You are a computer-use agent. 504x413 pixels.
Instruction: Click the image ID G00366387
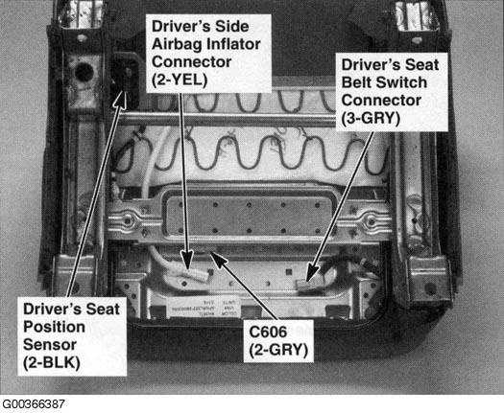pyautogui.click(x=33, y=403)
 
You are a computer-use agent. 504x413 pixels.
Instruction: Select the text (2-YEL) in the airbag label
pyautogui.click(x=180, y=80)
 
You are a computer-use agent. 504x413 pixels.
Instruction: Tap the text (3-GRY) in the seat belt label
pyautogui.click(x=371, y=119)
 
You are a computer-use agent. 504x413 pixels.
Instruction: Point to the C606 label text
pyautogui.click(x=268, y=332)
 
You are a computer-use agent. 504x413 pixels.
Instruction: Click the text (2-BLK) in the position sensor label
pyautogui.click(x=52, y=363)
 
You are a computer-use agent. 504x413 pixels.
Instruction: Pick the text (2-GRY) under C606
pyautogui.click(x=278, y=350)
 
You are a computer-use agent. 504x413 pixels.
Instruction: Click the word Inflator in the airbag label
pyautogui.click(x=233, y=44)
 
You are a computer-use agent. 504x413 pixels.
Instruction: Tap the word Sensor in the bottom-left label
pyautogui.click(x=50, y=345)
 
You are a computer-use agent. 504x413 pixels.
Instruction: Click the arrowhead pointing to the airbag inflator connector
pyautogui.click(x=187, y=261)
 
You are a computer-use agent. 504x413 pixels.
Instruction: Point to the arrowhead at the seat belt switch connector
pyautogui.click(x=312, y=273)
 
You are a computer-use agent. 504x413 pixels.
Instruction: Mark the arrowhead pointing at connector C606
pyautogui.click(x=219, y=258)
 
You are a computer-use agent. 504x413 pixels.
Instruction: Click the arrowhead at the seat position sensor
pyautogui.click(x=120, y=98)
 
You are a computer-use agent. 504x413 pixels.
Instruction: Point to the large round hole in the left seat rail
pyautogui.click(x=84, y=72)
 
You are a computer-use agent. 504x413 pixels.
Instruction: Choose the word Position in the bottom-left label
pyautogui.click(x=54, y=327)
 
